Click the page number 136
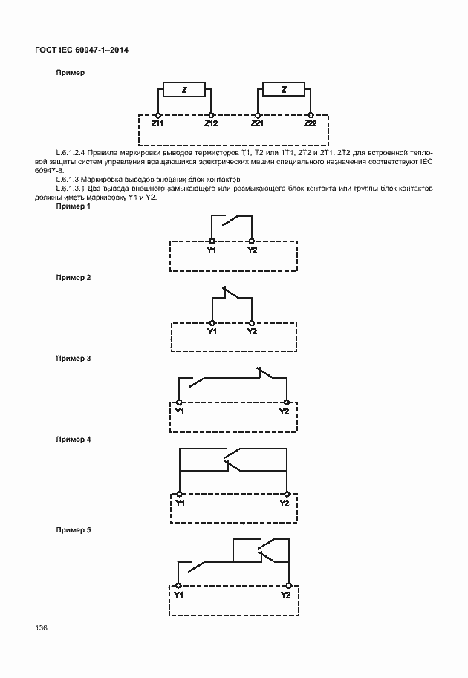tap(41, 628)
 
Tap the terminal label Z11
tap(157, 123)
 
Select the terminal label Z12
tap(211, 123)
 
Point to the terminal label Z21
tap(258, 123)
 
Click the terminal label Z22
tap(311, 123)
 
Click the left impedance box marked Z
tap(184, 91)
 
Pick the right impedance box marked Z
tap(284, 91)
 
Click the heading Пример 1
tap(74, 206)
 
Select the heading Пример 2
tap(74, 277)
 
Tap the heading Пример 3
tap(74, 358)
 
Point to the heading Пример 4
tap(74, 440)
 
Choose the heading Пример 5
tap(74, 530)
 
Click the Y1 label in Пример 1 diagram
tap(212, 250)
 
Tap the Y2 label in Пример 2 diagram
tap(252, 331)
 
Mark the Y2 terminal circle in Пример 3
tap(285, 402)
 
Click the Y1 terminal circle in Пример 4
tap(179, 494)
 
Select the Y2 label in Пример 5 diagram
tap(286, 594)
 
